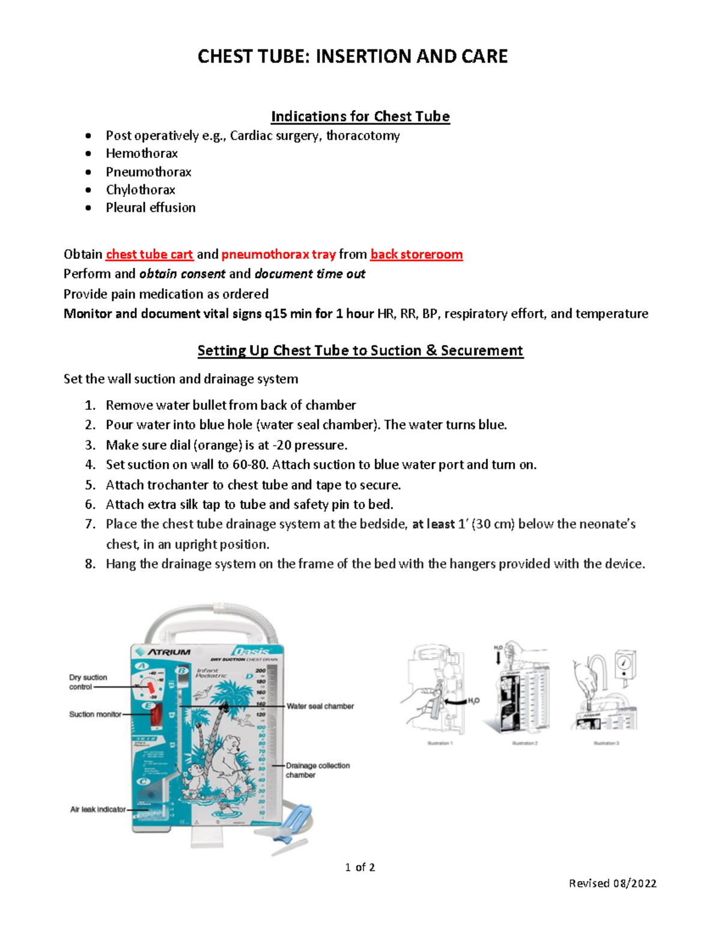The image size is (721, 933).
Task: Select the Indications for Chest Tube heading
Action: pyautogui.click(x=360, y=116)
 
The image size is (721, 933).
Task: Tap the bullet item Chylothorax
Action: pyautogui.click(x=141, y=190)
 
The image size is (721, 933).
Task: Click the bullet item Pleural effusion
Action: pyautogui.click(x=151, y=208)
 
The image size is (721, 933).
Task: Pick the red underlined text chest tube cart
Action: pyautogui.click(x=150, y=255)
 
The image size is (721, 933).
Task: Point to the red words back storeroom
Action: pyautogui.click(x=416, y=255)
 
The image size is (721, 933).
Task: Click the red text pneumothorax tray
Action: pyautogui.click(x=278, y=255)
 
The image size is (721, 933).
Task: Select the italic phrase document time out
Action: pyautogui.click(x=309, y=274)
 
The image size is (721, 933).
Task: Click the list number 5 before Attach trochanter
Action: pyautogui.click(x=90, y=485)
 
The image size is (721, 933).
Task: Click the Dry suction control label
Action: pyautogui.click(x=88, y=682)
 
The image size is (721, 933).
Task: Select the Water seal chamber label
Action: pyautogui.click(x=320, y=707)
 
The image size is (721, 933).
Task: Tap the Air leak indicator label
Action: pyautogui.click(x=98, y=809)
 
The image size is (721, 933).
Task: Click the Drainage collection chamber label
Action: pyautogui.click(x=317, y=770)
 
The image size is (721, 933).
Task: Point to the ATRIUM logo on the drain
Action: pyautogui.click(x=163, y=652)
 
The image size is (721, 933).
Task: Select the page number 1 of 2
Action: pyautogui.click(x=360, y=867)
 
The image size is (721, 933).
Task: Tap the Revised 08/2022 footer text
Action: pyautogui.click(x=612, y=883)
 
